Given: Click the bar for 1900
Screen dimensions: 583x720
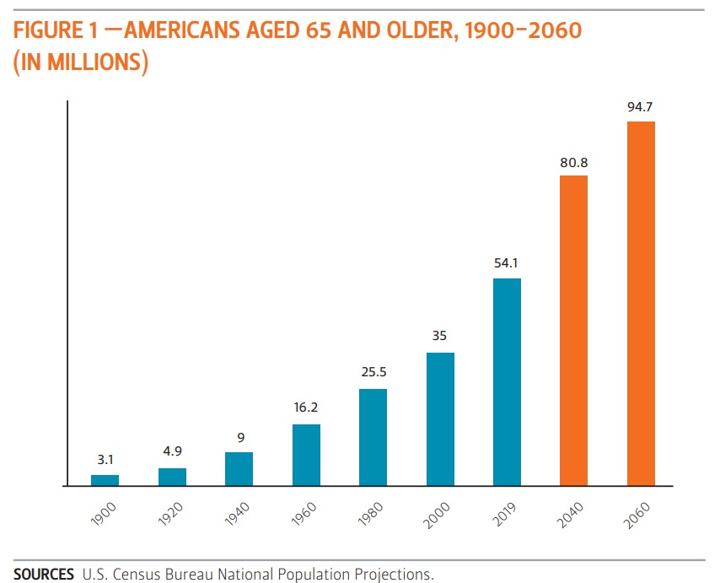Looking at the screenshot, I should [105, 480].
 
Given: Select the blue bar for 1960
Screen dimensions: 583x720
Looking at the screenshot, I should [306, 455].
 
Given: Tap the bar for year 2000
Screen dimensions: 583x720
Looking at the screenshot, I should [440, 419].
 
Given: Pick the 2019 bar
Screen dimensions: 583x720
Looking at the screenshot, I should [507, 382].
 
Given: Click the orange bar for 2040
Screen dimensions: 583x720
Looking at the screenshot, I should [573, 331].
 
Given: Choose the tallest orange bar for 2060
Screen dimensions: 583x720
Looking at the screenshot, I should [641, 304].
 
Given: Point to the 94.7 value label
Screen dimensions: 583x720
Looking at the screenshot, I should [641, 108].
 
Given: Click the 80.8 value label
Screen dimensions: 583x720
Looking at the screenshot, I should [573, 162].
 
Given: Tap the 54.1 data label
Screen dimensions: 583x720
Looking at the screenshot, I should [507, 264].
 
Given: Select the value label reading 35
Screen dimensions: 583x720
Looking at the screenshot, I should [440, 336].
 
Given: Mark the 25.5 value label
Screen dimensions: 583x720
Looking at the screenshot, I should [373, 372].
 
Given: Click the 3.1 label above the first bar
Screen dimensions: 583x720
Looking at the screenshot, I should [105, 461].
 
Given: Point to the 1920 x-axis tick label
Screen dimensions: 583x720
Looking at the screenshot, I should [170, 514].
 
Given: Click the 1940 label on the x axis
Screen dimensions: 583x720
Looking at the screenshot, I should [238, 514].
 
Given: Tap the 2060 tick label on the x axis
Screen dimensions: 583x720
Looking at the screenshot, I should [639, 514].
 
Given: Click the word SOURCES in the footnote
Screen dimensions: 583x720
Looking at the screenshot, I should [43, 575].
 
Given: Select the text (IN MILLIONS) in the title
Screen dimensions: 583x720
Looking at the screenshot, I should [81, 62].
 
